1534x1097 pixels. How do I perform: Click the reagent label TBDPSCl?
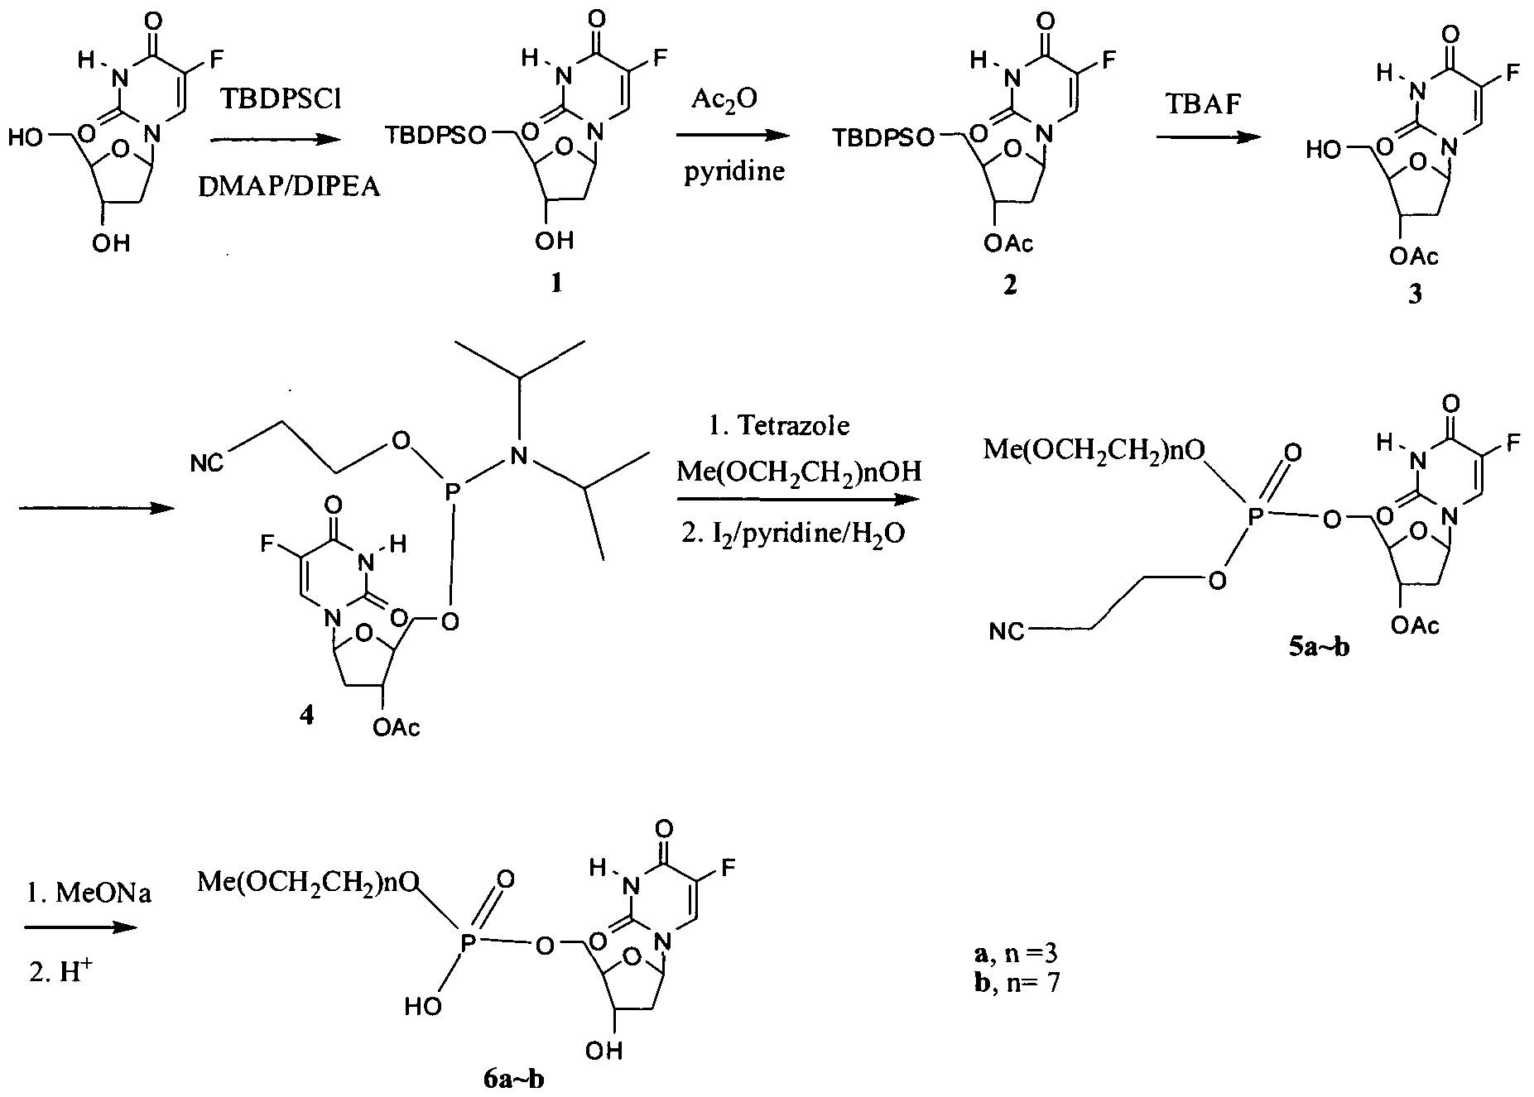click(274, 99)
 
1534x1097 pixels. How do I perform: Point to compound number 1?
click(555, 284)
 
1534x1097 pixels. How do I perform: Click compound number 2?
click(1008, 285)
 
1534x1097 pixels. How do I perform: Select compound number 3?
click(1414, 294)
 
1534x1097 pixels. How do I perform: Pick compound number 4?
click(306, 716)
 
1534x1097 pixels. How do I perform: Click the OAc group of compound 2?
click(1008, 243)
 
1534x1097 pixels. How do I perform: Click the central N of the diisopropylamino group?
click(519, 453)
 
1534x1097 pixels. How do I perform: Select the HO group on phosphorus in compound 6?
click(423, 1006)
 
